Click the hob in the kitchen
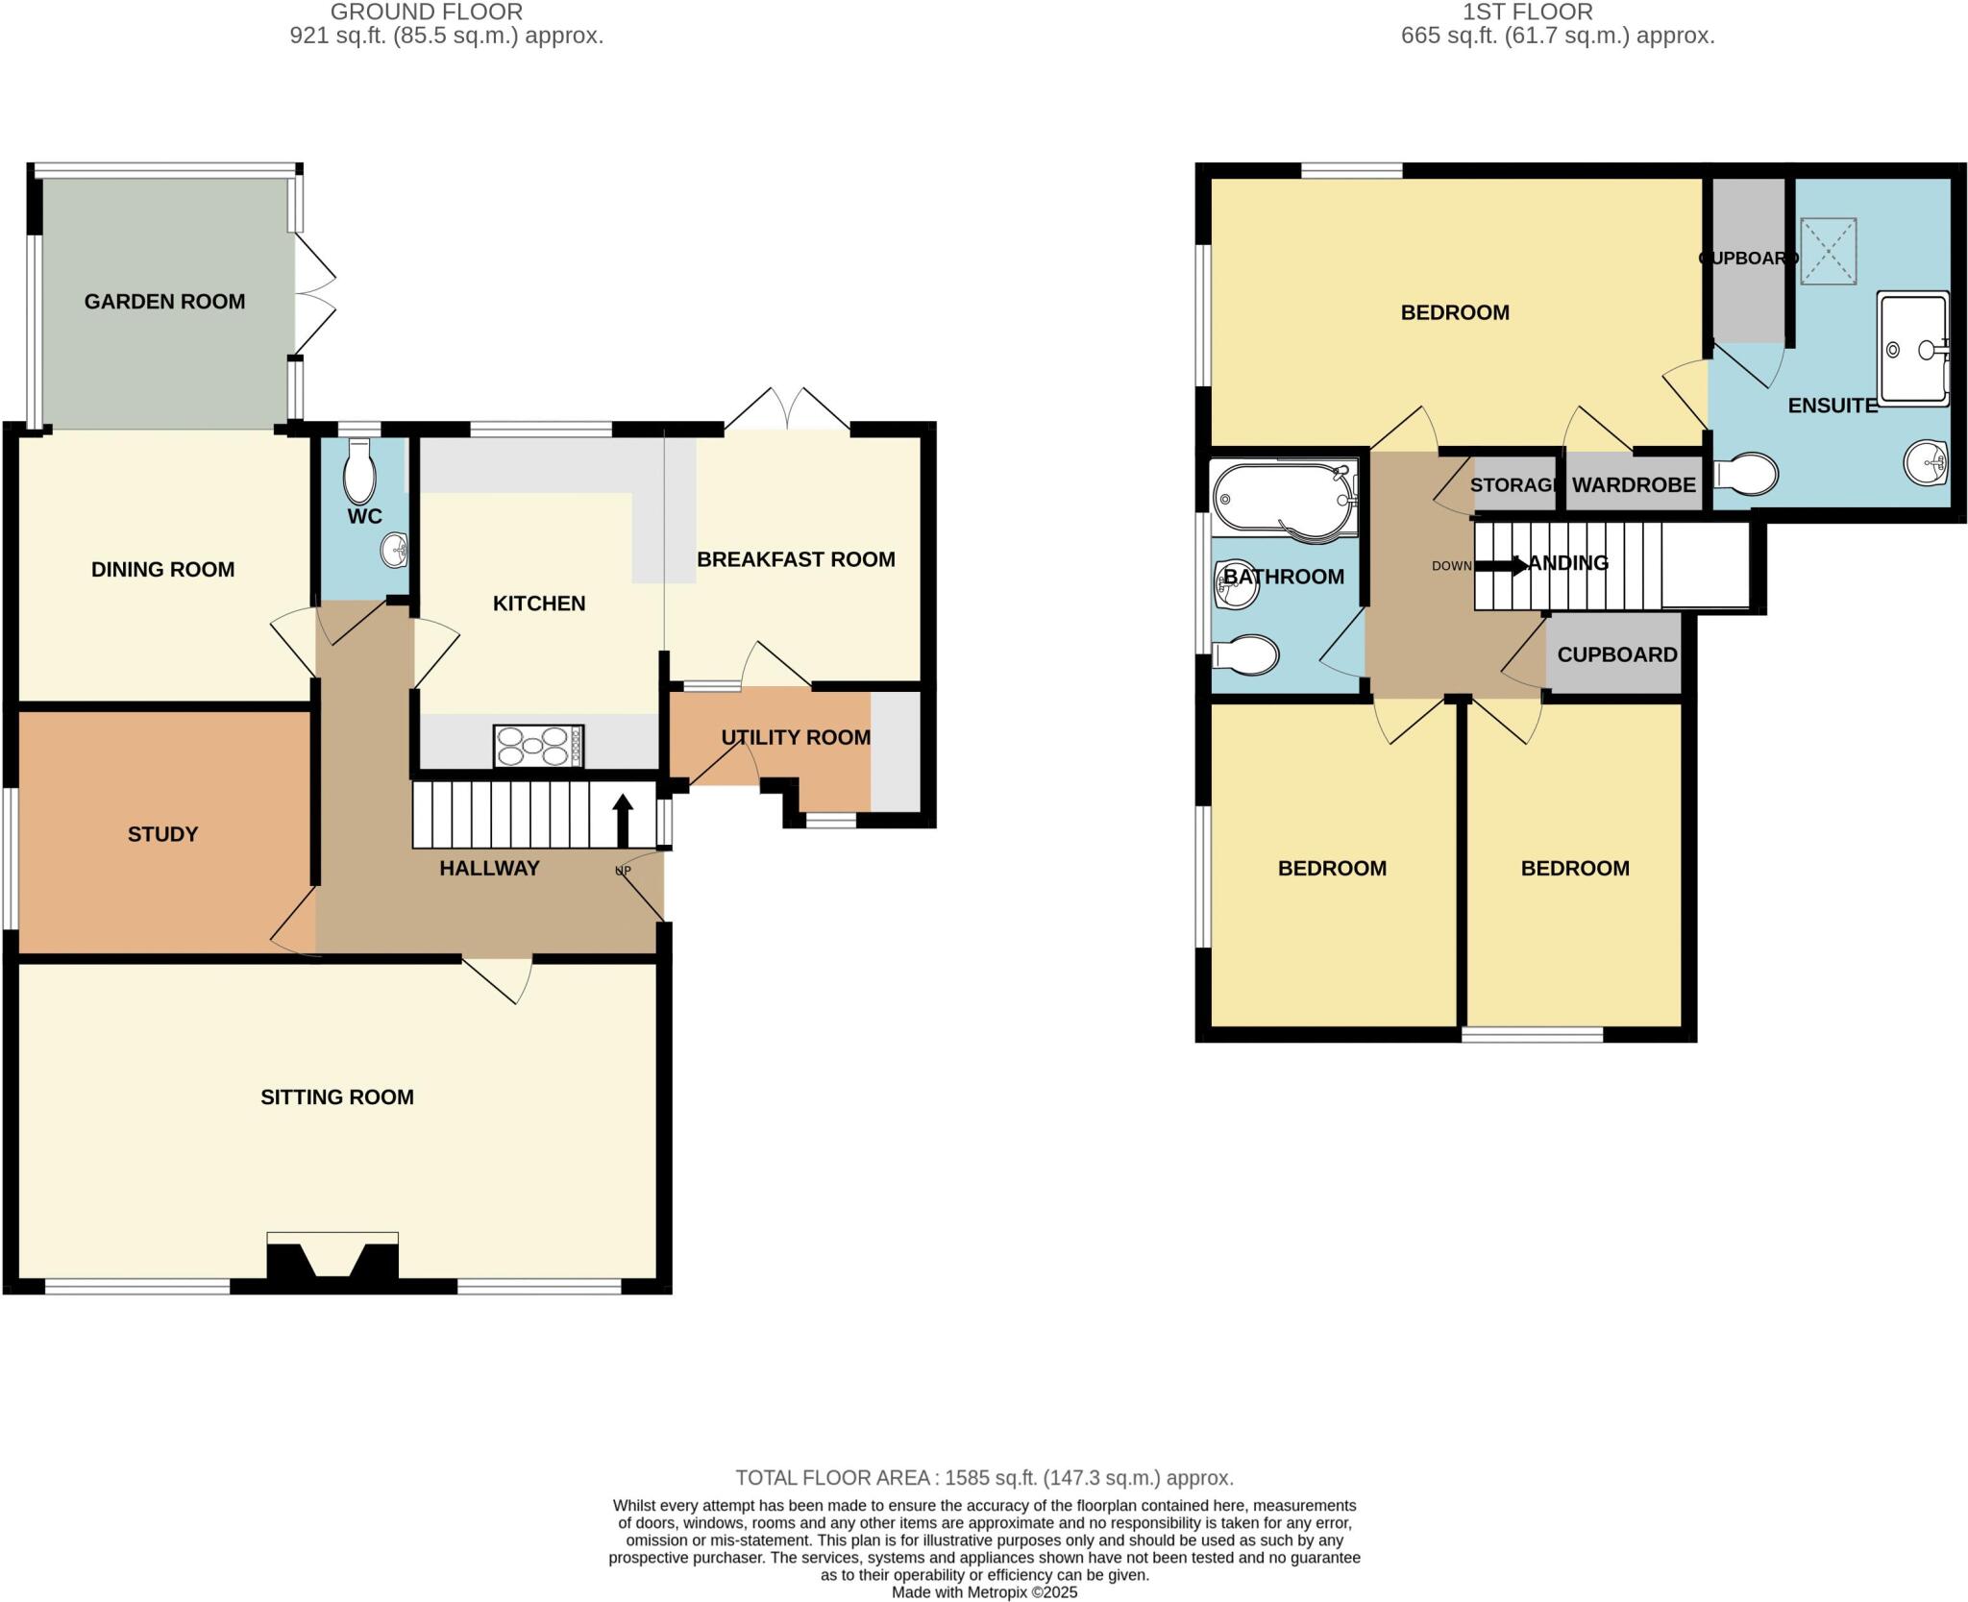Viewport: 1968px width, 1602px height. [x=538, y=746]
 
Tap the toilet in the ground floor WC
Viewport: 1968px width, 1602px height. [x=360, y=471]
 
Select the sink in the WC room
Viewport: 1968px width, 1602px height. [x=395, y=551]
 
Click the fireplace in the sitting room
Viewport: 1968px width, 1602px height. [x=332, y=1258]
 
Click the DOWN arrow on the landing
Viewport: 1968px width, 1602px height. [x=1500, y=566]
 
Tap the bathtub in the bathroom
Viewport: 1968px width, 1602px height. [x=1283, y=498]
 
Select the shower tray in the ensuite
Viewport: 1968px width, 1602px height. [x=1912, y=348]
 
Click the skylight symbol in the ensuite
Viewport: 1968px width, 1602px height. [x=1827, y=251]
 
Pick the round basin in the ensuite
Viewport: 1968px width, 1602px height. [x=1925, y=463]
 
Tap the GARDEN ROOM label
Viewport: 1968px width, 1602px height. [x=164, y=302]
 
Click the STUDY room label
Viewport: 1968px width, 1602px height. [x=162, y=834]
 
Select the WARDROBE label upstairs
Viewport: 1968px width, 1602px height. [x=1633, y=485]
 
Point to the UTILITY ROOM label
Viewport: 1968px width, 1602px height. [x=796, y=737]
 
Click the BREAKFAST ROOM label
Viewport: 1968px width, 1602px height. [x=796, y=559]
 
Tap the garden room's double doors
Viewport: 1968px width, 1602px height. [x=315, y=294]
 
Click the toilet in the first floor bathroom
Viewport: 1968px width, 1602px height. [x=1245, y=656]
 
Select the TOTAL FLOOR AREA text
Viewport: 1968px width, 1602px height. [x=984, y=1478]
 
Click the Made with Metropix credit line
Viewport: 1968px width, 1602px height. [x=984, y=1592]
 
